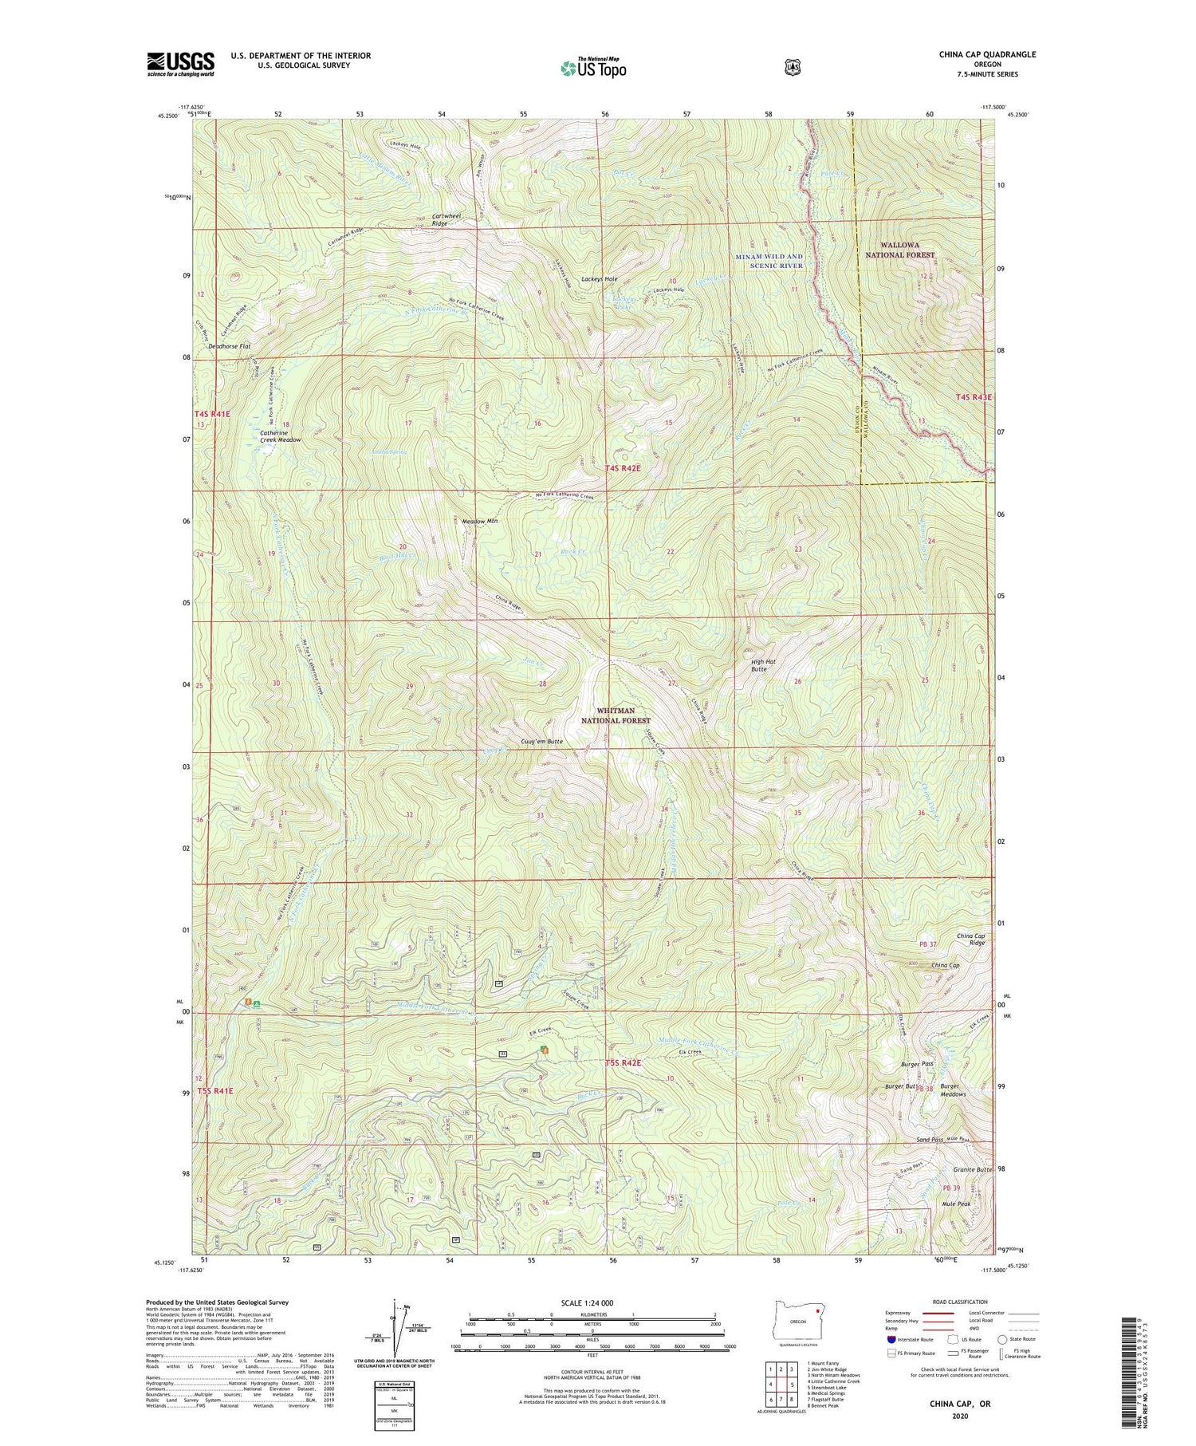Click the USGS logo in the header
pos(180,64)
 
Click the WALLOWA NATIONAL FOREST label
pos(899,250)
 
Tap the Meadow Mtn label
pos(480,522)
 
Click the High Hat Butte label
pos(758,665)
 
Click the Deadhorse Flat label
pos(229,347)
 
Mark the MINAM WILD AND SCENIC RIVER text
pos(769,261)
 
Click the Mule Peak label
pos(957,1204)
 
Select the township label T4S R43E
pos(974,397)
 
